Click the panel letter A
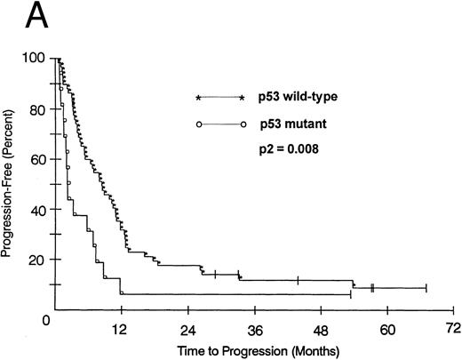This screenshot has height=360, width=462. [20, 15]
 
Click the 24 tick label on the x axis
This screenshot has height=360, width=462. [187, 328]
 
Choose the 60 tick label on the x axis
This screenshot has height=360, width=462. [387, 328]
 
